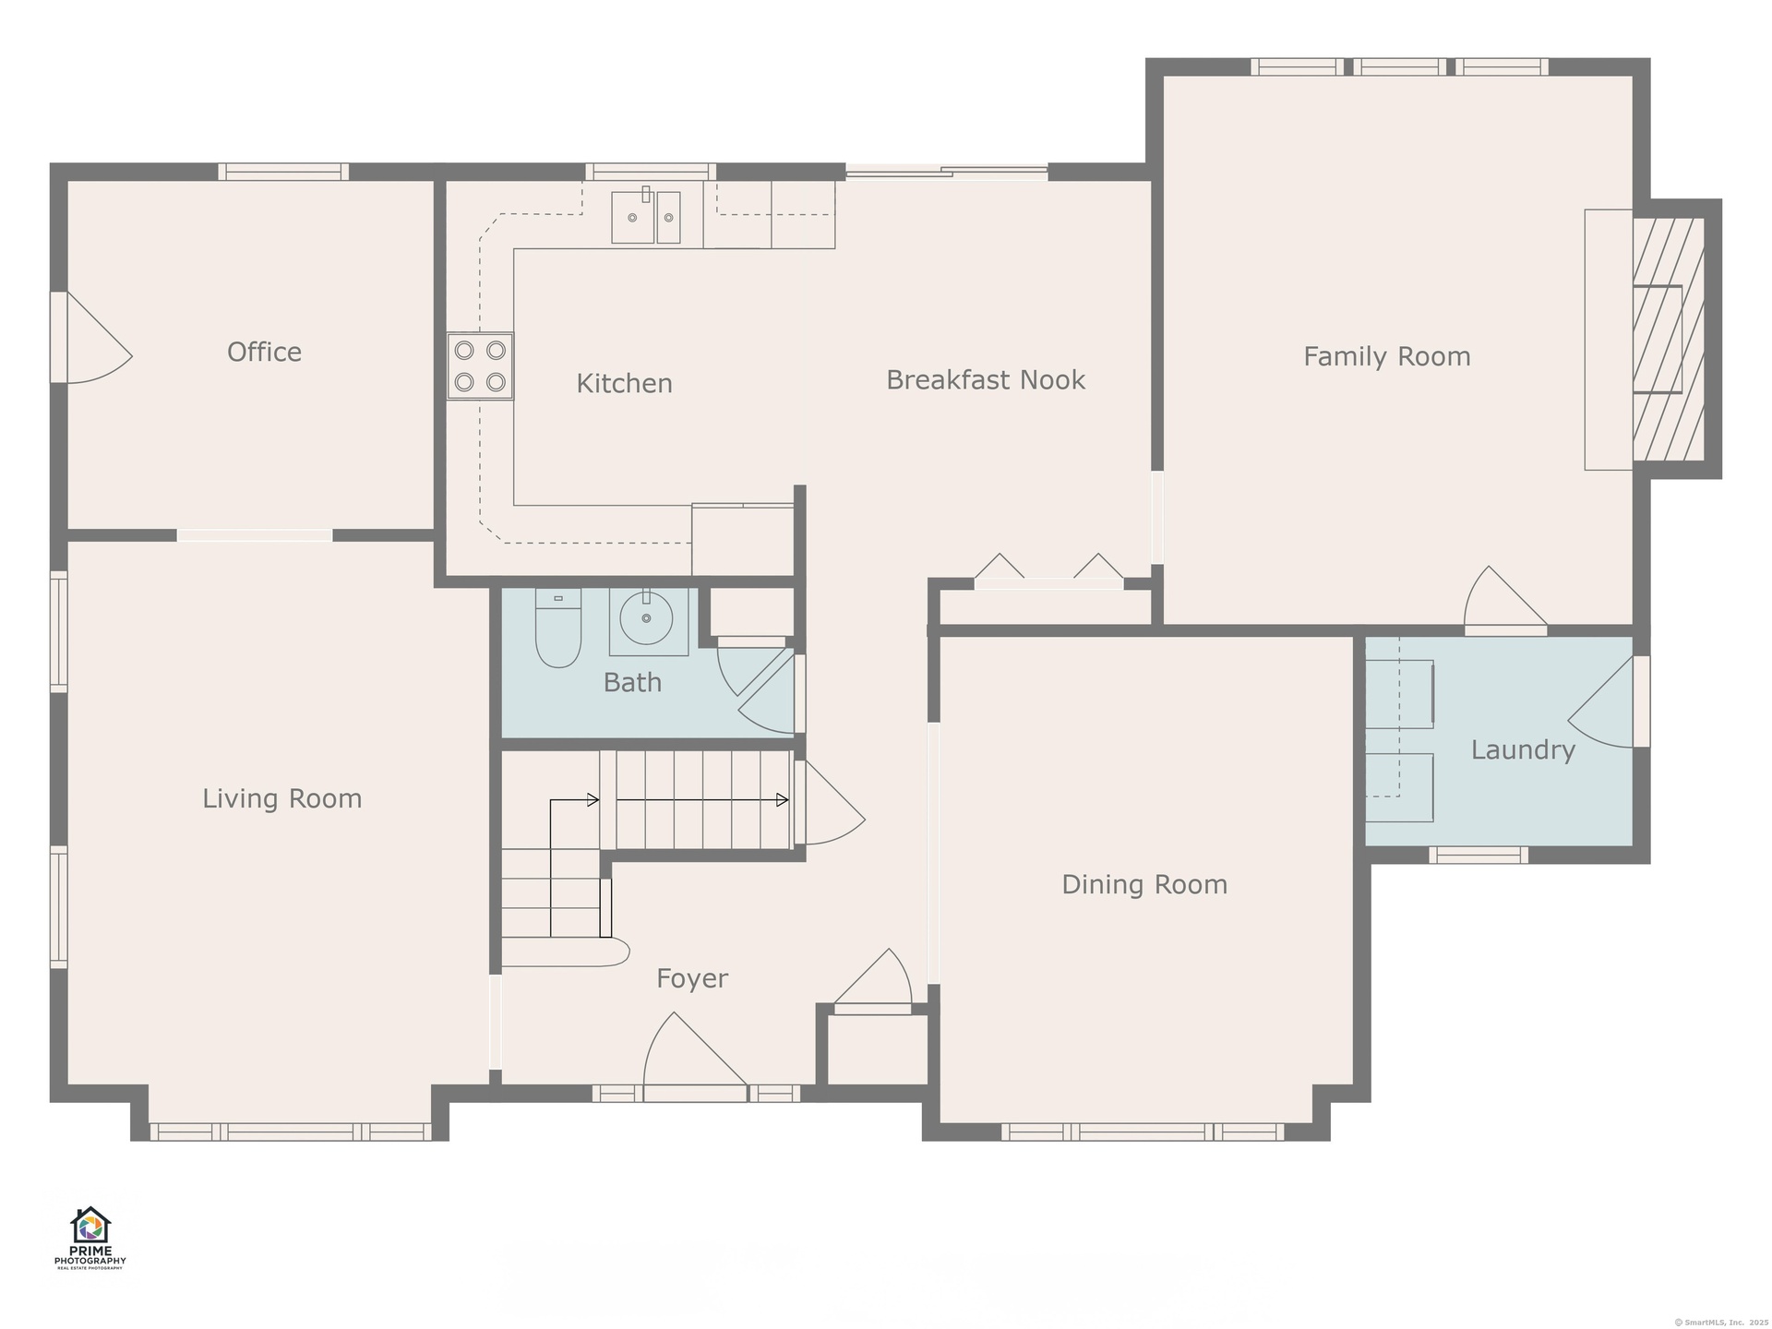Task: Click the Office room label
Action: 264,352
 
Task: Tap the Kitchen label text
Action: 624,383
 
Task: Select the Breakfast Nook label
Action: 986,379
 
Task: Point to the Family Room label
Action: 1386,356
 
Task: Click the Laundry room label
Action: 1523,750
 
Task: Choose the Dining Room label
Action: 1144,884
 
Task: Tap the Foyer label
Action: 692,978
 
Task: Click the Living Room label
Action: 281,798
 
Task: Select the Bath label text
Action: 632,682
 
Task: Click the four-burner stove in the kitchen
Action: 480,365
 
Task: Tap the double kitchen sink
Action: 646,217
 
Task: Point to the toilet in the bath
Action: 557,628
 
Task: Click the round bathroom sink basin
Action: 646,618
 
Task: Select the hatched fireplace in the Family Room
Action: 1669,339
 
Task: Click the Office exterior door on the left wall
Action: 90,337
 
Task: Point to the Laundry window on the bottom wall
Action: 1479,856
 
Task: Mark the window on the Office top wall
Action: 283,172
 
